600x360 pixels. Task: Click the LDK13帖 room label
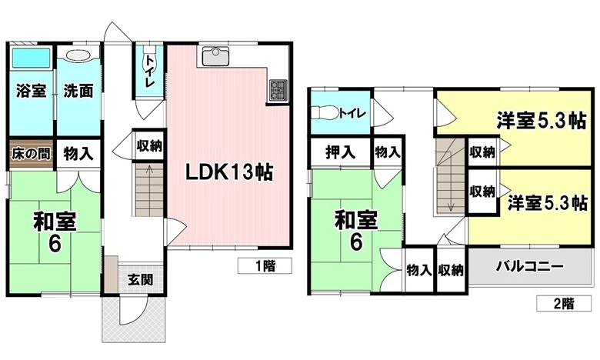click(x=228, y=172)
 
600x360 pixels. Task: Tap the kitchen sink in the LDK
click(x=215, y=56)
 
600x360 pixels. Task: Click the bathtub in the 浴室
click(x=30, y=58)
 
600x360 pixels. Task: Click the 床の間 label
click(x=31, y=154)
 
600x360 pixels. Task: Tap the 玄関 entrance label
click(x=140, y=280)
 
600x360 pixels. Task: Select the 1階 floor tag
click(x=265, y=265)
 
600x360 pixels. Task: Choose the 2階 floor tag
click(x=564, y=303)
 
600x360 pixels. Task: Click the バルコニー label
click(x=530, y=266)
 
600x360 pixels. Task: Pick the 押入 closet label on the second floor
click(x=340, y=152)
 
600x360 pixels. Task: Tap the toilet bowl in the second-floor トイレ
click(x=325, y=113)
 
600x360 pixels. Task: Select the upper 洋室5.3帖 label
click(x=541, y=121)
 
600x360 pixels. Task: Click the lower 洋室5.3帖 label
click(x=547, y=203)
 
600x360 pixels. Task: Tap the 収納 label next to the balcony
click(x=451, y=271)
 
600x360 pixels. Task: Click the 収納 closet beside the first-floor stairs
click(x=150, y=145)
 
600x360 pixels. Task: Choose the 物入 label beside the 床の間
click(x=78, y=154)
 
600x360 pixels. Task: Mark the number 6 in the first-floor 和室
click(x=55, y=243)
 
